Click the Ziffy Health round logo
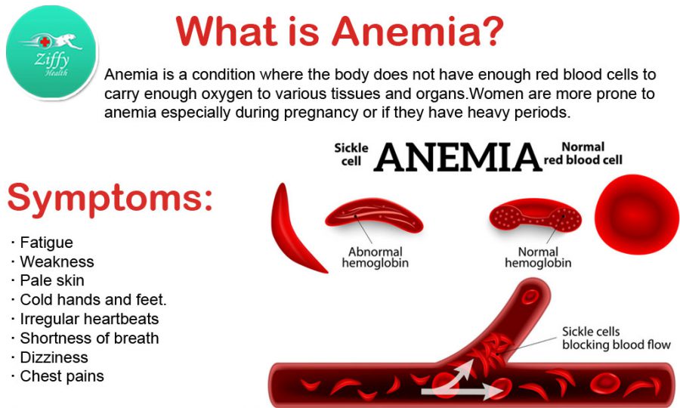(x=52, y=52)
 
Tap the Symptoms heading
(x=110, y=199)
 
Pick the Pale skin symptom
(x=48, y=280)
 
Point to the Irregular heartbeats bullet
(x=85, y=319)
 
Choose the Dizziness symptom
(x=50, y=357)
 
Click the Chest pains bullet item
(x=57, y=376)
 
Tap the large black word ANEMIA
(x=458, y=156)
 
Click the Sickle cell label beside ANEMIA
(x=351, y=154)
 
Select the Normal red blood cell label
(x=583, y=153)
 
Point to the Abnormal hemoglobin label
(x=376, y=257)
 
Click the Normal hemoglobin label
(x=538, y=257)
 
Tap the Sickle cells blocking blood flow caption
(x=617, y=338)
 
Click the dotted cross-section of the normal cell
(x=536, y=215)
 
